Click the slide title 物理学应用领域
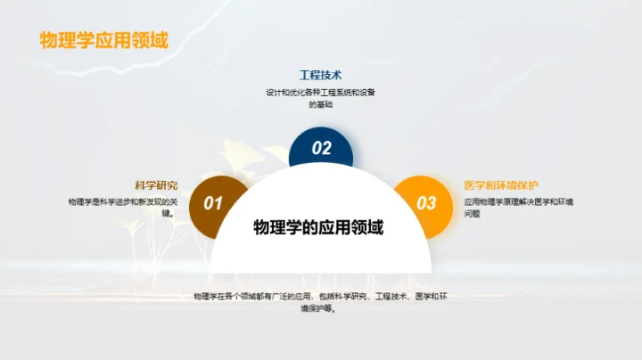pos(103,41)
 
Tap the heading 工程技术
pos(320,76)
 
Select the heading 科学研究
pos(156,185)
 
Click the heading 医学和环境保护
pos(501,185)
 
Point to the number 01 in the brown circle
pos(213,203)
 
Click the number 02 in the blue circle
pos(321,149)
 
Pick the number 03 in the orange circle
pos(427,203)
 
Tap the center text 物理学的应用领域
pos(318,228)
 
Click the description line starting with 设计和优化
pos(320,92)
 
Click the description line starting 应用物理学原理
pos(518,201)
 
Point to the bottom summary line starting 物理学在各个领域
pos(320,296)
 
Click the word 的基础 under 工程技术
pos(320,104)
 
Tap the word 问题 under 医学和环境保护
pos(473,214)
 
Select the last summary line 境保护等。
pos(320,308)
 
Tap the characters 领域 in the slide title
pos(152,41)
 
